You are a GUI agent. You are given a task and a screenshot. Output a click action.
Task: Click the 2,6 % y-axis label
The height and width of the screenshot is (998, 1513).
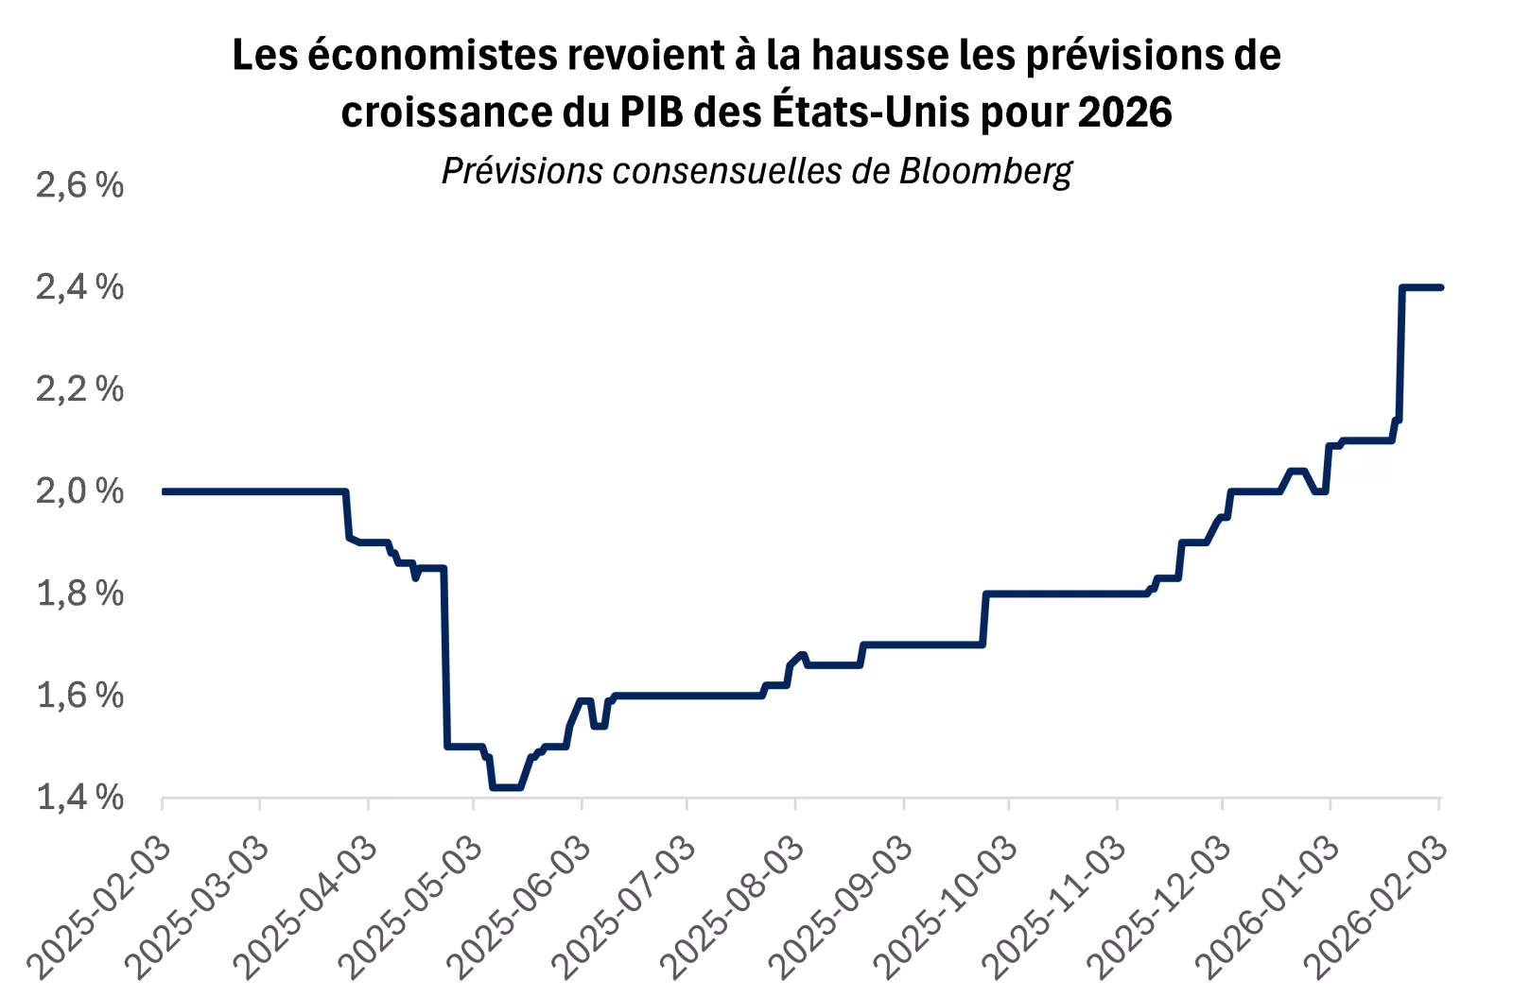(x=79, y=185)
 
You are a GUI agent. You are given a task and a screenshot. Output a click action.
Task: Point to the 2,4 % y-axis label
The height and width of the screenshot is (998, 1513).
(x=79, y=287)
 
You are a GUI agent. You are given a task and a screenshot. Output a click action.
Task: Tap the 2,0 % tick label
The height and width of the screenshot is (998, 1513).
(x=79, y=491)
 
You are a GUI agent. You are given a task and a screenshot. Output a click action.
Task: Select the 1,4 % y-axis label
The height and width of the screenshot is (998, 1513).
(x=79, y=798)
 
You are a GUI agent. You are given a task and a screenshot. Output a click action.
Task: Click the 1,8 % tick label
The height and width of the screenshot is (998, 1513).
(x=79, y=594)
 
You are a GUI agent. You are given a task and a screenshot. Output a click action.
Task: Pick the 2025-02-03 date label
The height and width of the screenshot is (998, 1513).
(x=102, y=907)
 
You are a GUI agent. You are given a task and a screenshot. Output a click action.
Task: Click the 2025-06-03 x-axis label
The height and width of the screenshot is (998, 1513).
(x=521, y=907)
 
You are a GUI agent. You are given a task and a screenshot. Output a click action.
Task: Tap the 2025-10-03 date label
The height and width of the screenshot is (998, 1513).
(x=948, y=907)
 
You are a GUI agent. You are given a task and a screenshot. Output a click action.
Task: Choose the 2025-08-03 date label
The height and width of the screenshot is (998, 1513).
(x=734, y=907)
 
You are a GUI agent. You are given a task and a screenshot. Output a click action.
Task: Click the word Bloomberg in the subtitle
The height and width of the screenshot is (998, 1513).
(x=985, y=171)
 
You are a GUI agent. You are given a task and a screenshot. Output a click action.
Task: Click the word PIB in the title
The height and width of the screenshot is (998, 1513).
(x=651, y=112)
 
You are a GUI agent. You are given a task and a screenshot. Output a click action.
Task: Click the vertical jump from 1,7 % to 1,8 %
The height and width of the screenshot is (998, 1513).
(x=984, y=619)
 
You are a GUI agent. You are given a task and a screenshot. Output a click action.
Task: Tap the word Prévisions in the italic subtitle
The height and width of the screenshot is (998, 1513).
(x=522, y=171)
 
